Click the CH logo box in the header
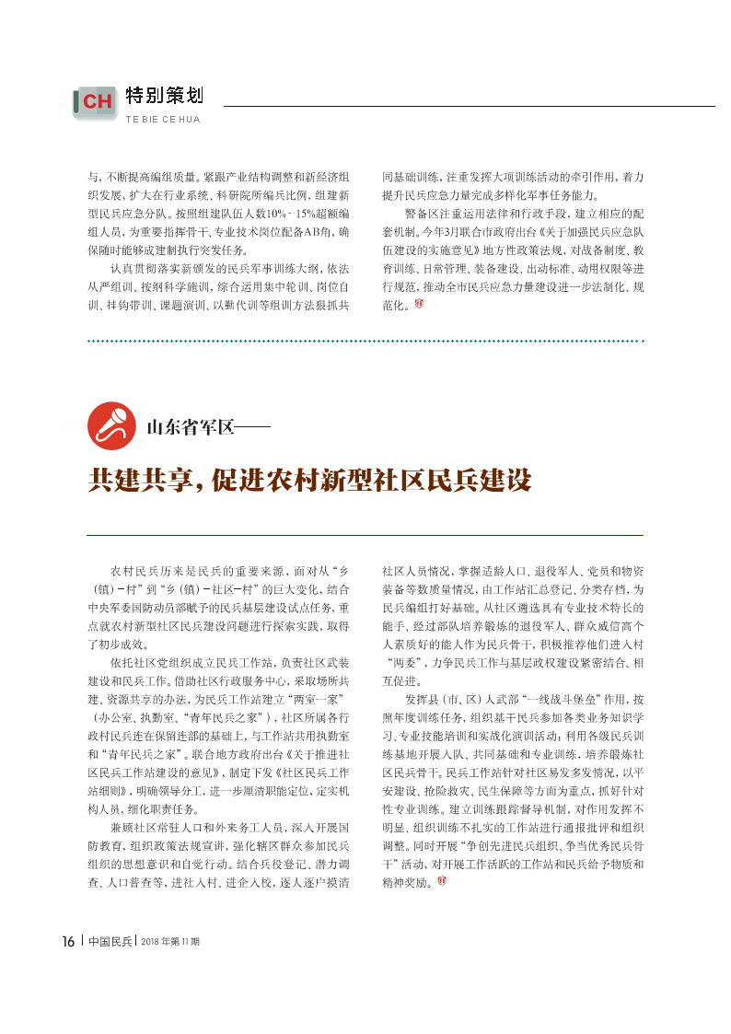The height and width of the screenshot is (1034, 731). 95,102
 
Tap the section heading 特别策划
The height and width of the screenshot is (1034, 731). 164,96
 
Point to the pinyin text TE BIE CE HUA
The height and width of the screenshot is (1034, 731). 162,120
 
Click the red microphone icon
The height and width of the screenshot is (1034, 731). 111,425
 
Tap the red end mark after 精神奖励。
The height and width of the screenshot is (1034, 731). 443,884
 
